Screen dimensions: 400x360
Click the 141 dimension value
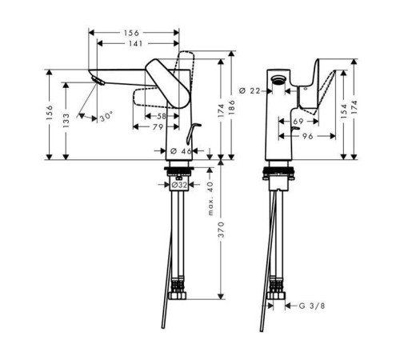click(136, 43)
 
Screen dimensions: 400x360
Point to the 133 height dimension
click(66, 120)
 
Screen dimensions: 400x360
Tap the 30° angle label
click(106, 117)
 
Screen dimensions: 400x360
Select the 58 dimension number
click(162, 116)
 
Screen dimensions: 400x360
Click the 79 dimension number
click(158, 127)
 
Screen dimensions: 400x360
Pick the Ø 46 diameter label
click(181, 151)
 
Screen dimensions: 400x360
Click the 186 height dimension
click(231, 107)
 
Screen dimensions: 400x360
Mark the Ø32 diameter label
click(179, 185)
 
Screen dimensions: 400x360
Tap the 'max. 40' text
click(210, 198)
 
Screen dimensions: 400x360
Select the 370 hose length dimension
click(222, 230)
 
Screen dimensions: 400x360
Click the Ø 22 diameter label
click(250, 91)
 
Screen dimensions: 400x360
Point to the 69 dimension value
click(298, 122)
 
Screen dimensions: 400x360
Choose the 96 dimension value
click(308, 136)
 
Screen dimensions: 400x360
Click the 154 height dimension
click(344, 111)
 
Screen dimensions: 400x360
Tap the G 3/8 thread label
click(312, 306)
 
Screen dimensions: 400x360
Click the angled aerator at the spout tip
click(98, 81)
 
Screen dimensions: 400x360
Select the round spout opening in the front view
click(278, 79)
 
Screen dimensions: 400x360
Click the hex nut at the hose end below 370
click(178, 295)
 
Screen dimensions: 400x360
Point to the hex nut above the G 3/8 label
click(276, 295)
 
